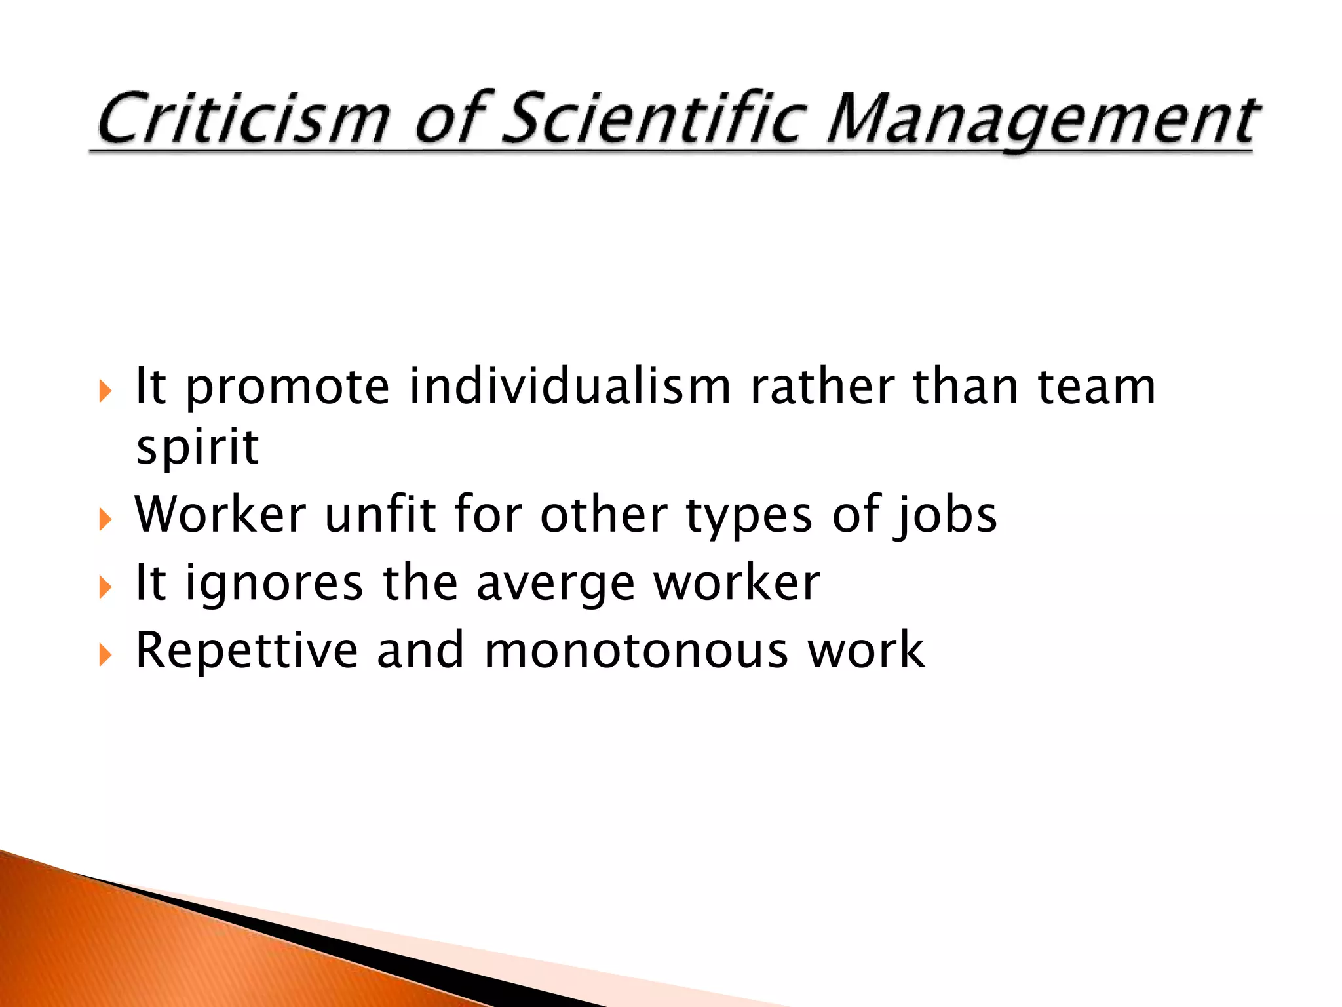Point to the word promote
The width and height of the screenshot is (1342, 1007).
tap(288, 388)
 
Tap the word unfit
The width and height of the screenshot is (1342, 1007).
tap(380, 515)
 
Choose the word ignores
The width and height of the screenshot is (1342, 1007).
tap(274, 584)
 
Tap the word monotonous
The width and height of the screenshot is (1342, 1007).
tap(636, 651)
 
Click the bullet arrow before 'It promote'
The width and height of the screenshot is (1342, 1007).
tap(105, 391)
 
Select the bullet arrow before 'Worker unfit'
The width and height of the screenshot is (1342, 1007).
tap(105, 520)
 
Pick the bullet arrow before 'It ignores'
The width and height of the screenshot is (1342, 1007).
tap(105, 587)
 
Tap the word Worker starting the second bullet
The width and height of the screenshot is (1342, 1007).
tap(220, 515)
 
